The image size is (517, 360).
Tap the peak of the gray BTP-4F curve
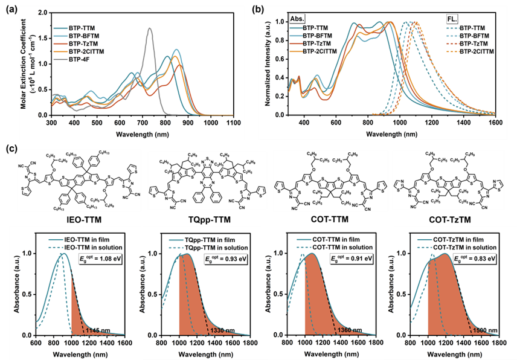[150, 28]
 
